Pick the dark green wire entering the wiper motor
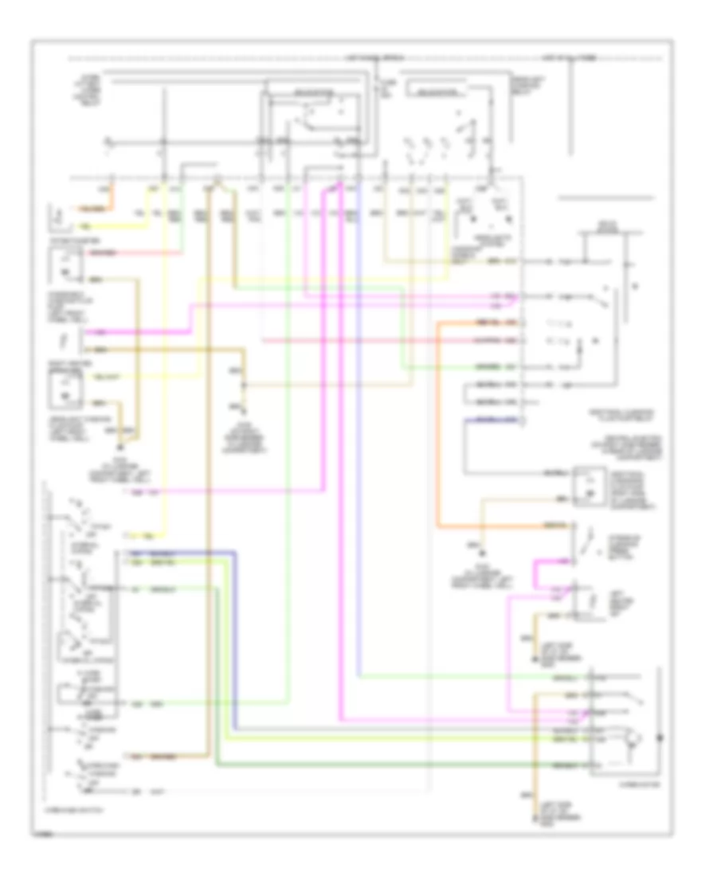[398, 765]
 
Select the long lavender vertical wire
[358, 478]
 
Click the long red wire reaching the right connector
[382, 340]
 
